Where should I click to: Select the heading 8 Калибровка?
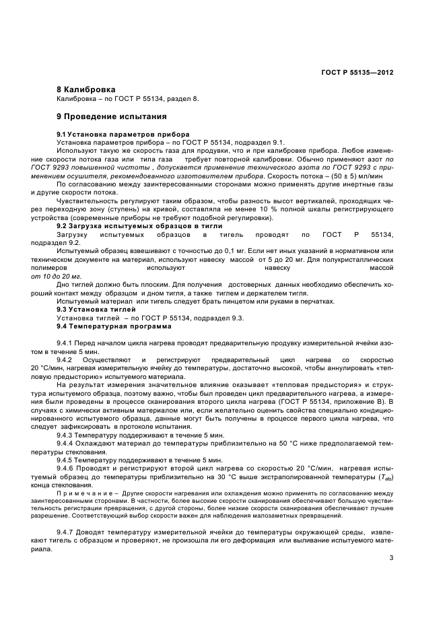[x=86, y=90]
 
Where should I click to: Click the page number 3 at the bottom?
[x=390, y=557]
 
